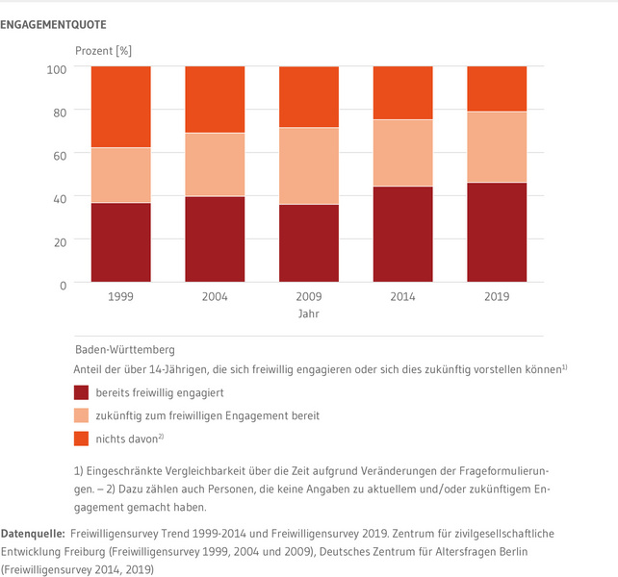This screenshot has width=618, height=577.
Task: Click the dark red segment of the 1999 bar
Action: pos(121,242)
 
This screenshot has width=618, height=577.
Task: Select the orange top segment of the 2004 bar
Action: pos(215,99)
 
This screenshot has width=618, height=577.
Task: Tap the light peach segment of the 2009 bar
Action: pos(309,165)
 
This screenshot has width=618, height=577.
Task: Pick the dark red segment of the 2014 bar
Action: pos(403,235)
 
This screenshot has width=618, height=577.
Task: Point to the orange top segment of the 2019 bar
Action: pos(497,88)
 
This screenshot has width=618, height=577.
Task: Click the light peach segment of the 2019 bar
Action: pos(497,147)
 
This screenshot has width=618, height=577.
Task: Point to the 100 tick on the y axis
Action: pos(56,68)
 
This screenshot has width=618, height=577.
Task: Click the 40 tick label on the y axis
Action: pos(59,198)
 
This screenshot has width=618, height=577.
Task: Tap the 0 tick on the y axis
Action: pos(63,285)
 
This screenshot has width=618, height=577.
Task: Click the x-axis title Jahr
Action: pos(309,314)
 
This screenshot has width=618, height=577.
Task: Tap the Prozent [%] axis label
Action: pos(103,49)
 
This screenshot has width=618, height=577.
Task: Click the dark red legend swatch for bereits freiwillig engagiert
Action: pos(81,391)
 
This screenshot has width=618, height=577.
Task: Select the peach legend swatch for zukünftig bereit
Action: pos(81,415)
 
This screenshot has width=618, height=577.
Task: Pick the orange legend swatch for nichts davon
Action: pos(81,439)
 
